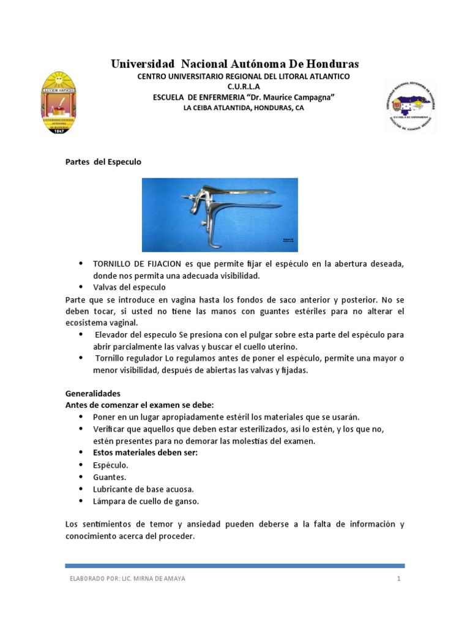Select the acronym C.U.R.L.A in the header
(243, 86)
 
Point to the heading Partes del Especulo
(103, 162)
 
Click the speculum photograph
(220, 214)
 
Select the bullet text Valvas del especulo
(129, 287)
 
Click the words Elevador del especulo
(133, 336)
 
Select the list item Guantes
(110, 477)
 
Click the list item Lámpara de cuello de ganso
(146, 501)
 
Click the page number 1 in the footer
(399, 579)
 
